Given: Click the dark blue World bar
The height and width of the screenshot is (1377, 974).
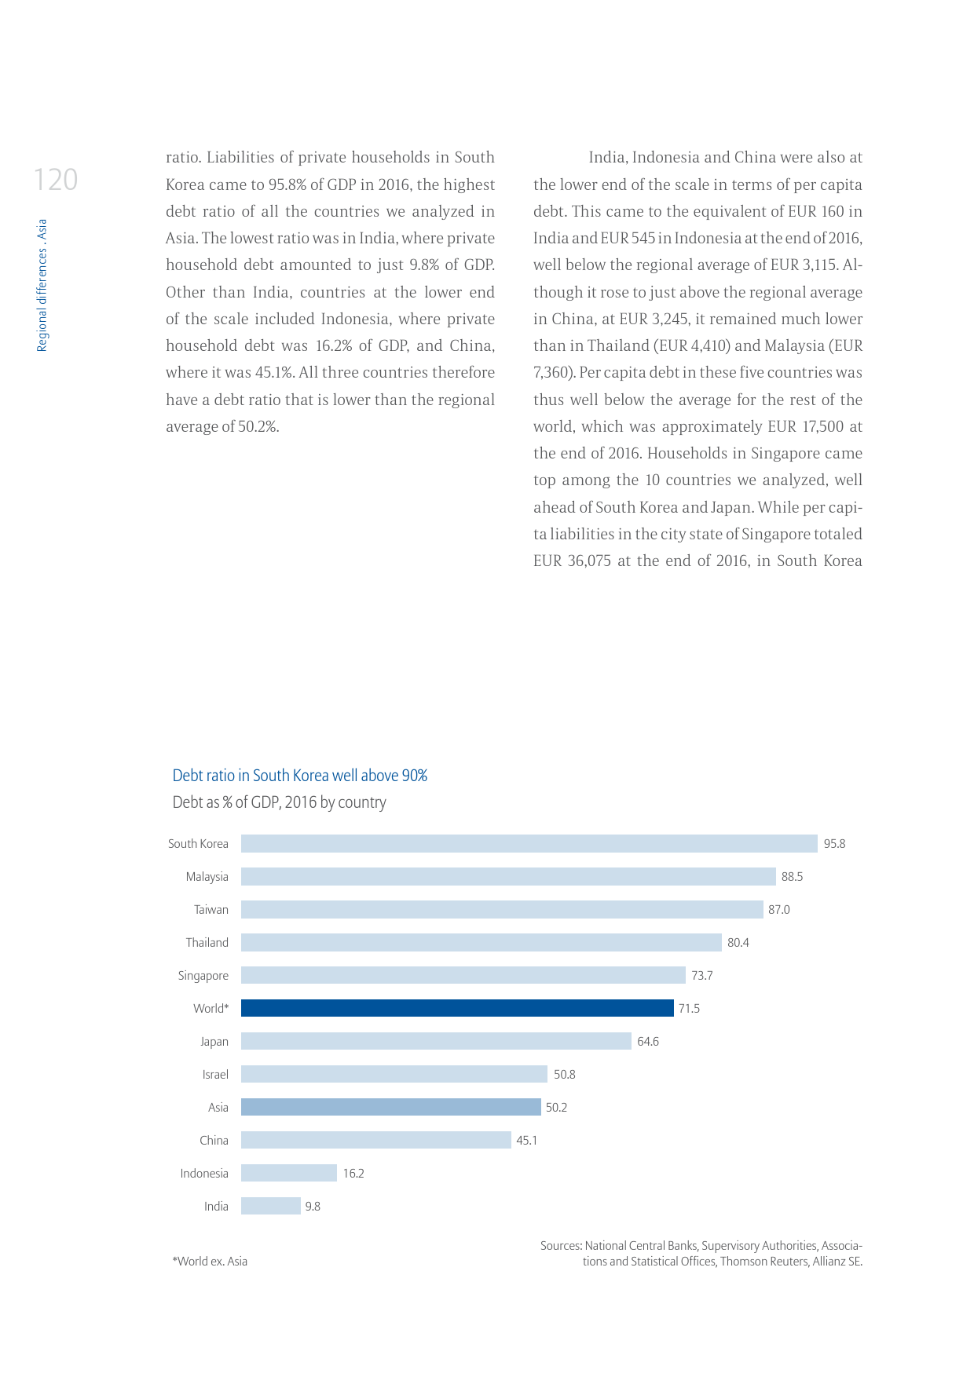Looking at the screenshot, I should (x=457, y=1008).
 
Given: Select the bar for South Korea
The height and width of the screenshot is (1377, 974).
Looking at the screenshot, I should (x=529, y=843).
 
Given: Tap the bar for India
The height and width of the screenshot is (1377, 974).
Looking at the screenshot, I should (x=270, y=1206).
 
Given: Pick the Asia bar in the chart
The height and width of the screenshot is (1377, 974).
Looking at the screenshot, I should (x=390, y=1107).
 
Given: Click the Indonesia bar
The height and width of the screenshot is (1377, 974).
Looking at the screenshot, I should (x=288, y=1173).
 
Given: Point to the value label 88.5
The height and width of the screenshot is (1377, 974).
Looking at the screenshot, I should (x=792, y=877).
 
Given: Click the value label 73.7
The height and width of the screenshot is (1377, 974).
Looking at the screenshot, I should (x=701, y=976).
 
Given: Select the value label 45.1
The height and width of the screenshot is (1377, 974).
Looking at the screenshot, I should (x=526, y=1141).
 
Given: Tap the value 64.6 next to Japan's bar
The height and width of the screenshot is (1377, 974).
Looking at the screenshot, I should (x=647, y=1042).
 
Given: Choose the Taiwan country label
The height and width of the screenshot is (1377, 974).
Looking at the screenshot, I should (x=211, y=910).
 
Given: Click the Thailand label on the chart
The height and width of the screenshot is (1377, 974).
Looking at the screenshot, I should (x=207, y=943).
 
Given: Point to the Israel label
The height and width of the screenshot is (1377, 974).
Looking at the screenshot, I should (x=215, y=1075).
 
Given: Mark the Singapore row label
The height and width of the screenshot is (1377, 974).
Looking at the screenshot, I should (x=203, y=976).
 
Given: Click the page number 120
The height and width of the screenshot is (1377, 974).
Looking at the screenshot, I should (x=56, y=180).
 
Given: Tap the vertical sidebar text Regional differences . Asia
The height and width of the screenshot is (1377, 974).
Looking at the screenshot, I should (x=42, y=285).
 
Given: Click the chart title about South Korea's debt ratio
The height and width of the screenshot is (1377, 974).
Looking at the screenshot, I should (x=299, y=776).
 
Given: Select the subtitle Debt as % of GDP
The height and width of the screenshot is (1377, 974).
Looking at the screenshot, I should (x=279, y=802).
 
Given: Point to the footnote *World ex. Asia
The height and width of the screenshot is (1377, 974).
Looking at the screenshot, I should (x=210, y=1262).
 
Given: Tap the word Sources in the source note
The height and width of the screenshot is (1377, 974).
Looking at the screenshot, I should (x=561, y=1246).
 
